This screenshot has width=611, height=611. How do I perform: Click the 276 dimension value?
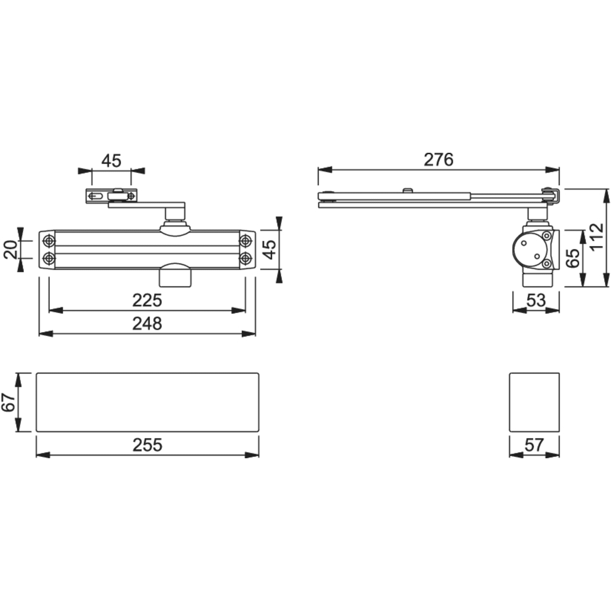point(438,160)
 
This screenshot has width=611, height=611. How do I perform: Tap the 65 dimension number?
point(573,259)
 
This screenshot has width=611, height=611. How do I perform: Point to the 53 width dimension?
point(536,300)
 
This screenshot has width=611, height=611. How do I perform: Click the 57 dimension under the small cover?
point(534,445)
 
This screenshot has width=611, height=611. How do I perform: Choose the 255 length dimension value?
point(148,445)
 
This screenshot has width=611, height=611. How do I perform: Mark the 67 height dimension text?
point(9,402)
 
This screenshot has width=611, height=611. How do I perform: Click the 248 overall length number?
point(147,323)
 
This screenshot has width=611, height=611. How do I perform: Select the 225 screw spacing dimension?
point(147,300)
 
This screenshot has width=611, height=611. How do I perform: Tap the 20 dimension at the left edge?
point(11,249)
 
